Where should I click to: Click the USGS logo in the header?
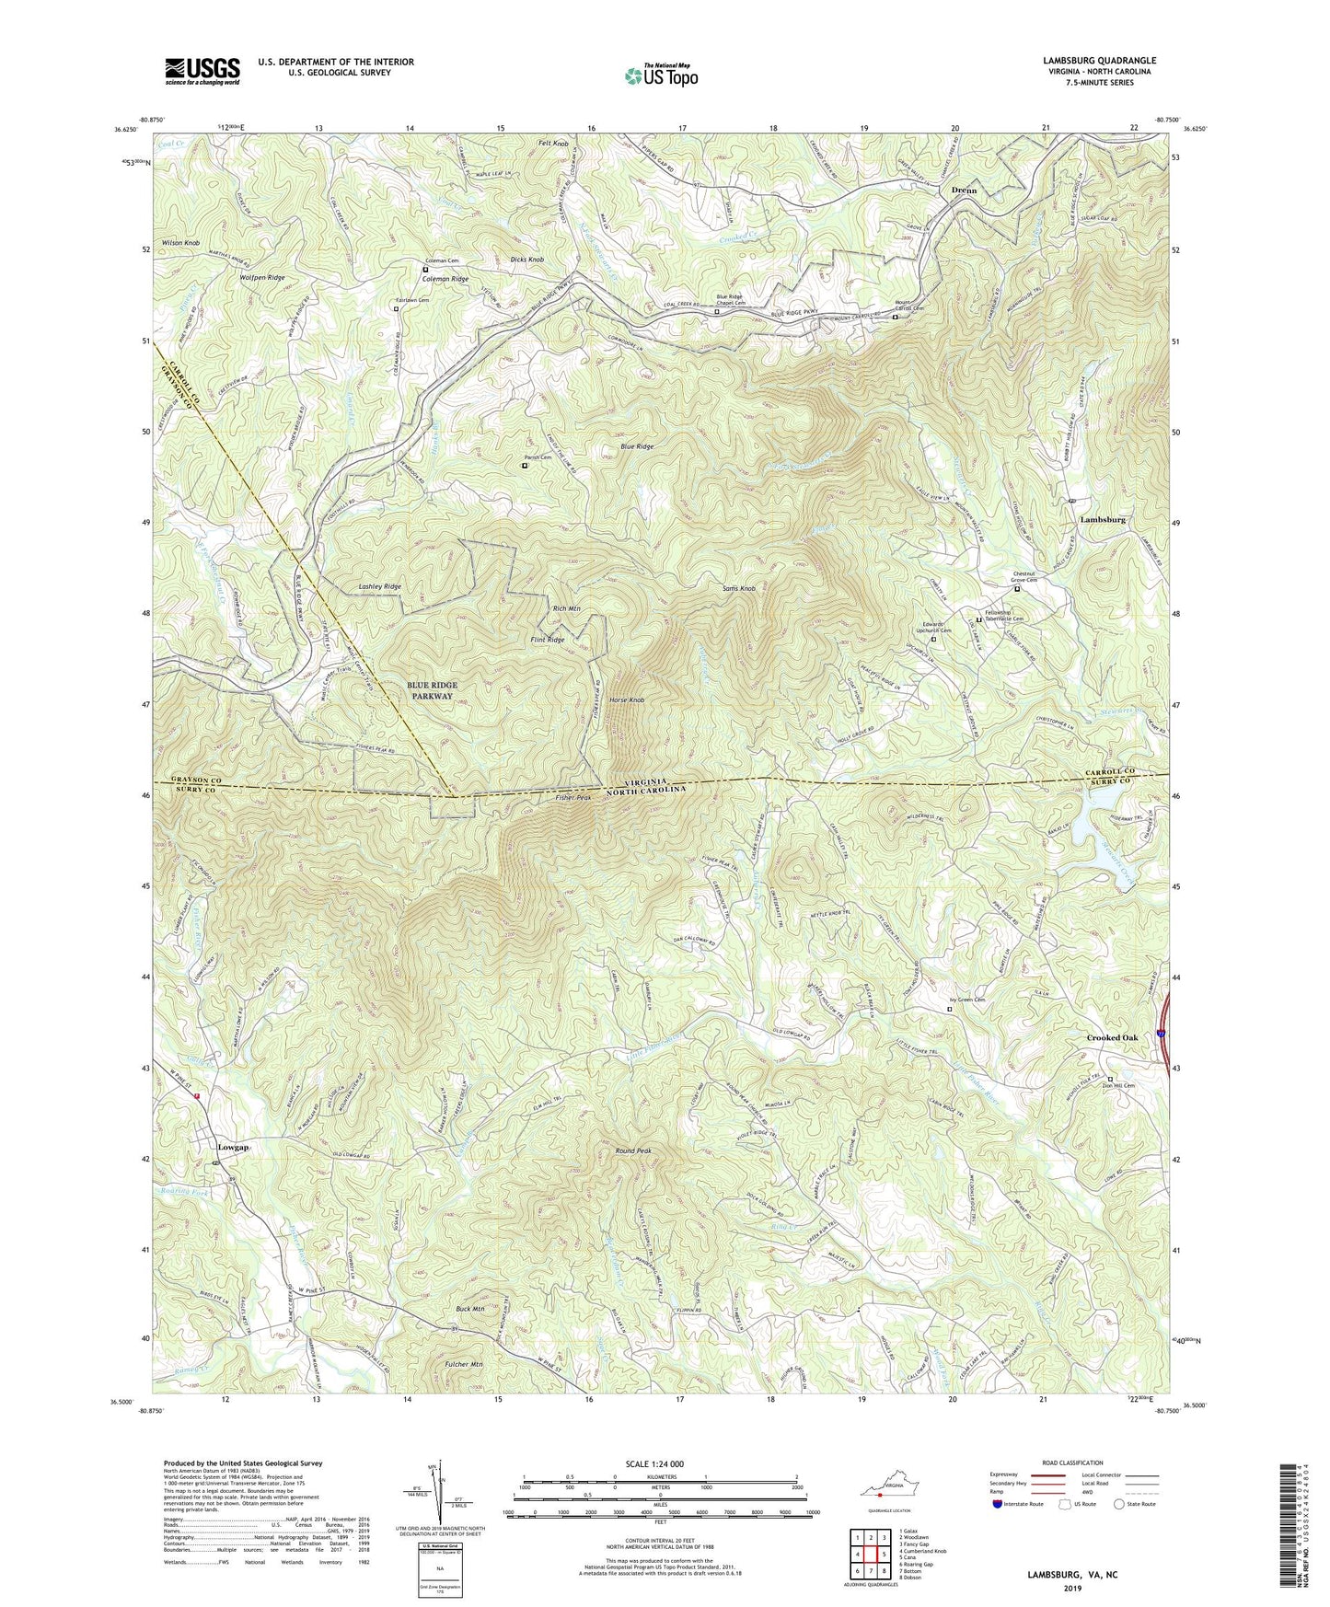point(202,70)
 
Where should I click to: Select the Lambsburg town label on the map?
point(1102,520)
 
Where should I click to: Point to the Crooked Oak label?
point(1112,1037)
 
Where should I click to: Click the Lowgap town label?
point(234,1148)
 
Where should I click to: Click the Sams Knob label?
point(740,587)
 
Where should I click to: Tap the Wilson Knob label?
point(180,243)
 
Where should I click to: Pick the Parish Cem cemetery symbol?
point(525,466)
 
